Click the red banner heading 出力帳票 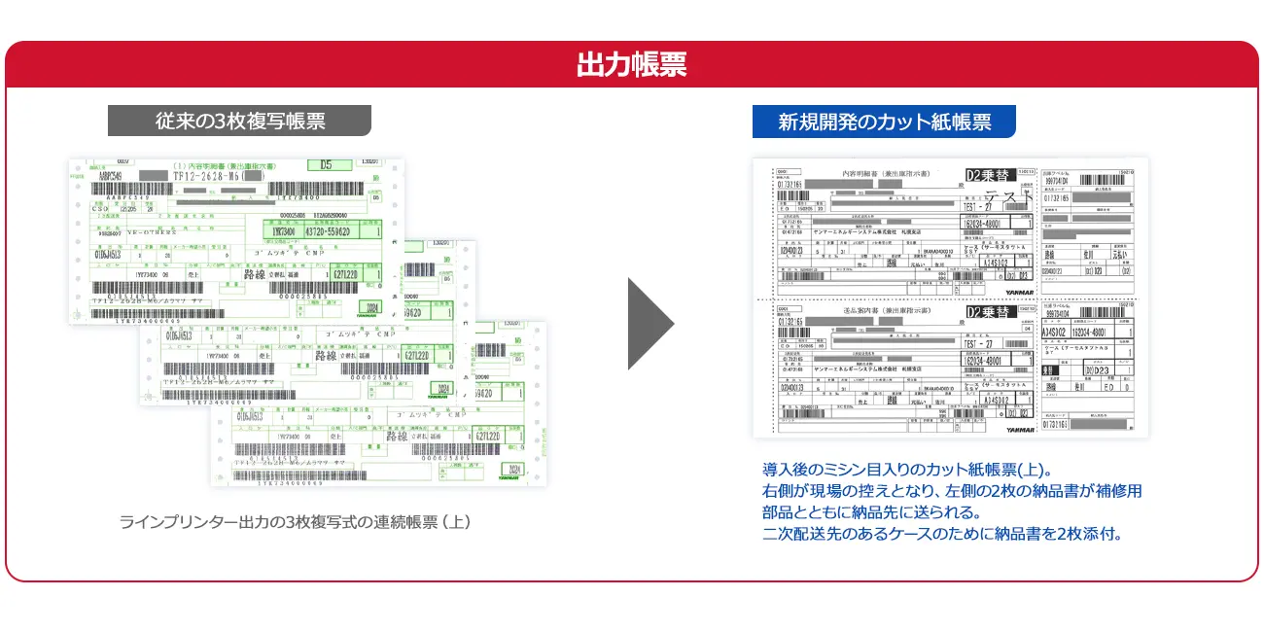[631, 64]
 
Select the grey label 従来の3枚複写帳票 [239, 121]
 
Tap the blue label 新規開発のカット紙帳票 [884, 122]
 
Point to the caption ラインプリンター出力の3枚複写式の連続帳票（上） [295, 522]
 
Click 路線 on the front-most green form [397, 436]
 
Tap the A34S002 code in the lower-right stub [1060, 331]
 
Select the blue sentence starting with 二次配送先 [942, 533]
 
